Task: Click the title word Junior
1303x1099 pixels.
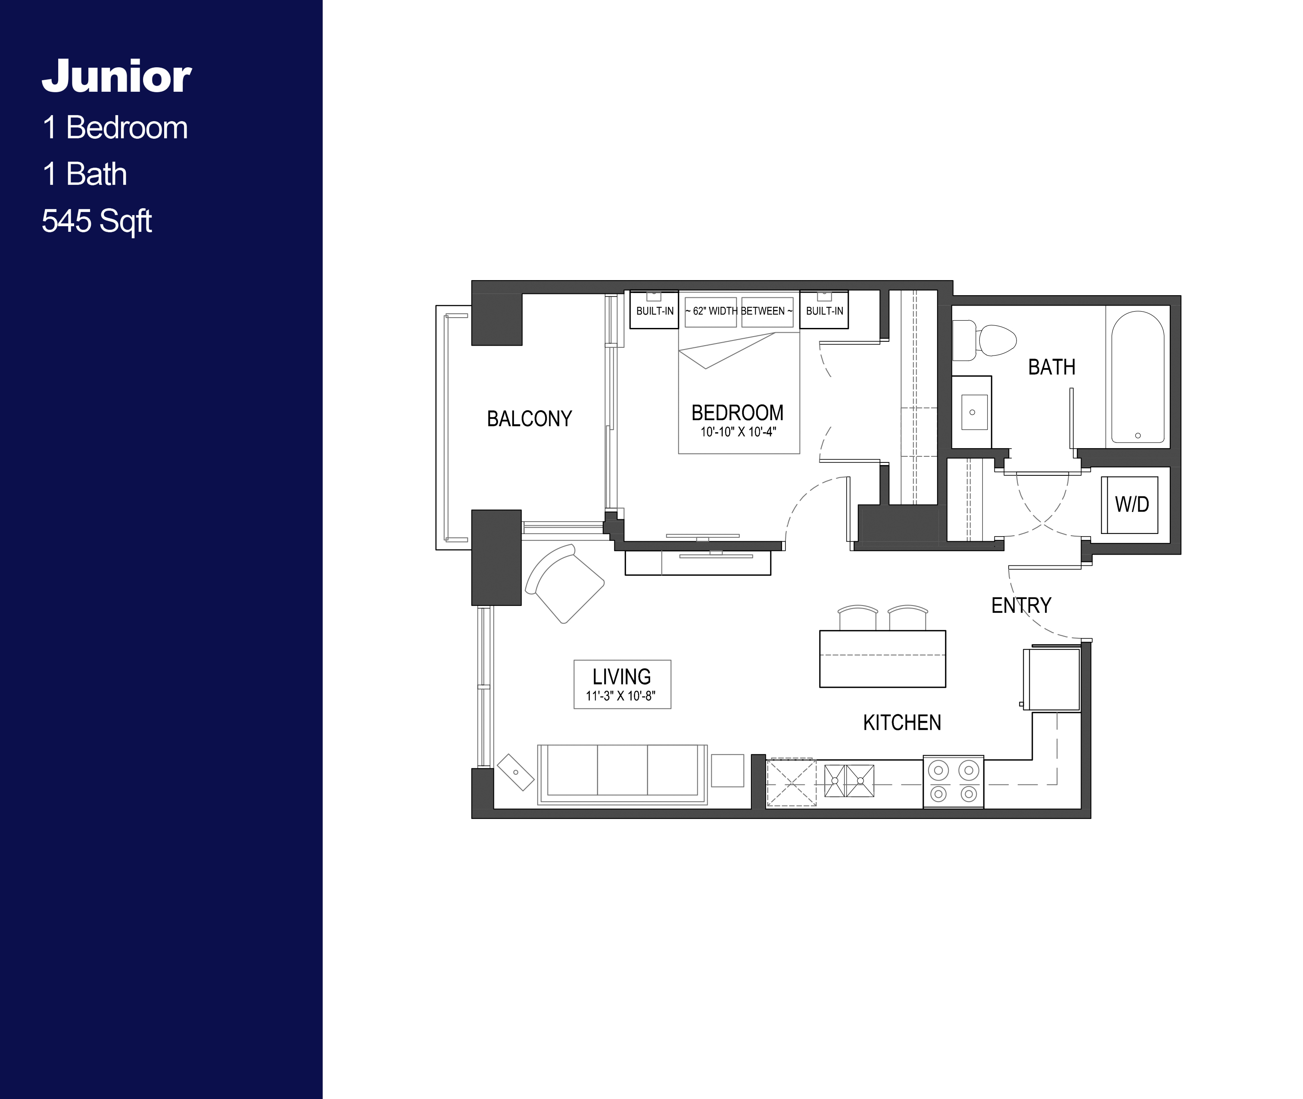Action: (x=116, y=77)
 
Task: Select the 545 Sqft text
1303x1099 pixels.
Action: (x=97, y=221)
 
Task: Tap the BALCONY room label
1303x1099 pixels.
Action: (x=529, y=418)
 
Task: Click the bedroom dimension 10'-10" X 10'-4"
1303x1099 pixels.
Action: (x=738, y=432)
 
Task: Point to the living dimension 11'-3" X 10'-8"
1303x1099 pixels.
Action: (x=620, y=696)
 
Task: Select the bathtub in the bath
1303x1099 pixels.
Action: (x=1137, y=378)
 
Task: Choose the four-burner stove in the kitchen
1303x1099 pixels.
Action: (x=953, y=782)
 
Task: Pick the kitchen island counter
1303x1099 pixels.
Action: (x=882, y=659)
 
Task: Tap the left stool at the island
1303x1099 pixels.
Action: (x=857, y=618)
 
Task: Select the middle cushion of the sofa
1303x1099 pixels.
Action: (x=622, y=770)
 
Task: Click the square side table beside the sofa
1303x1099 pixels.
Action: (x=727, y=771)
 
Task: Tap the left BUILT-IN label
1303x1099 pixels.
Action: (x=654, y=311)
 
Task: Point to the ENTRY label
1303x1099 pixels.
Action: (x=1021, y=605)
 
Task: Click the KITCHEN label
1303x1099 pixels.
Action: (x=901, y=723)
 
